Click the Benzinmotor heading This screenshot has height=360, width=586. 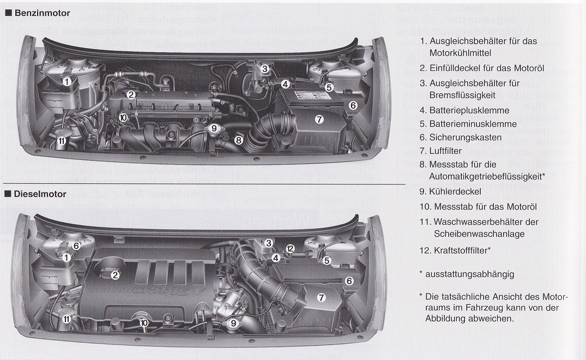[x=42, y=13]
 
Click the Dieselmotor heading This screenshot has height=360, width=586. [x=40, y=194]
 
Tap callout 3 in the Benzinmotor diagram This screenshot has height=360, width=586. [x=264, y=69]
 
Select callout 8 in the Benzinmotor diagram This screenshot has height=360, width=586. [x=238, y=141]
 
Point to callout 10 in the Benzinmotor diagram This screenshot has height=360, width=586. [x=123, y=118]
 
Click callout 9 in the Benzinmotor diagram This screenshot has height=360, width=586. [x=214, y=128]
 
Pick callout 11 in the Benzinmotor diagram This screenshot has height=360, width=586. [x=62, y=141]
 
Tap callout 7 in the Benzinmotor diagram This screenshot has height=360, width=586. [x=319, y=119]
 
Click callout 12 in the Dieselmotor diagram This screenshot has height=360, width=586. [x=290, y=249]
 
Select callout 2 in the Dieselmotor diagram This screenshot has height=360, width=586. [x=115, y=275]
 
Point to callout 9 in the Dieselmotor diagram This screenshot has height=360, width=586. [x=233, y=323]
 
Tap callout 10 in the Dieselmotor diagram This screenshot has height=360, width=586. [x=144, y=322]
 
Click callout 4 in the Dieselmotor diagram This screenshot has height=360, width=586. [x=276, y=257]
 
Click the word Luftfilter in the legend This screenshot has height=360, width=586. [x=445, y=151]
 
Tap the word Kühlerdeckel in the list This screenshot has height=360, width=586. [x=455, y=192]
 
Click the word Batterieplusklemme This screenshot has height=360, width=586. [x=469, y=111]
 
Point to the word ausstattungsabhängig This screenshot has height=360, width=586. [x=470, y=274]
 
